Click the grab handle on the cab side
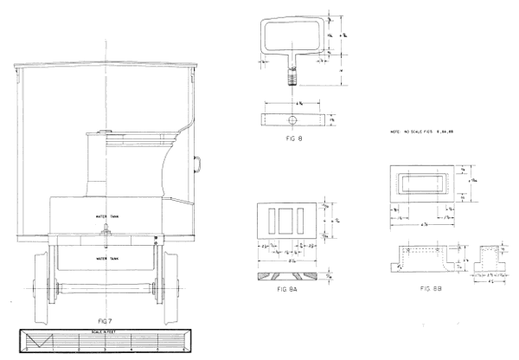click(198, 162)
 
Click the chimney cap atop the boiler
click(104, 132)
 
